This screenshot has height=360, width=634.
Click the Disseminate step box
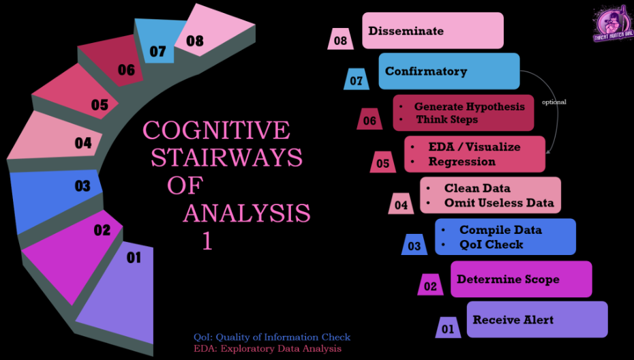click(432, 31)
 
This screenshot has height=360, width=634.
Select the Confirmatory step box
click(449, 71)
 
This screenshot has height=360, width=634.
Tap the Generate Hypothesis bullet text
click(469, 106)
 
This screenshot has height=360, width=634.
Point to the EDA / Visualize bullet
click(474, 147)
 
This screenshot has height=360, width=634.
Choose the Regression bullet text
click(462, 162)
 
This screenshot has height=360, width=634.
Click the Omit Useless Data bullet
click(499, 202)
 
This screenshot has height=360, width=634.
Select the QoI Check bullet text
click(491, 244)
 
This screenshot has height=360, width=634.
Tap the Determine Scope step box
click(521, 279)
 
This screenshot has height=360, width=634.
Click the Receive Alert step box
click(537, 319)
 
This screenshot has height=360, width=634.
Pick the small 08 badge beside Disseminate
click(340, 40)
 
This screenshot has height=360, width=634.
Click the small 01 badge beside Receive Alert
click(448, 329)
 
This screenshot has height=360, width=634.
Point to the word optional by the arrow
click(554, 102)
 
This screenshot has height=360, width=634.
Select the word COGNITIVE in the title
click(216, 130)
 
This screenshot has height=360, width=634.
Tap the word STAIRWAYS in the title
click(226, 157)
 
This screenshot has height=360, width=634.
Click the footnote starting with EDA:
click(267, 348)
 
